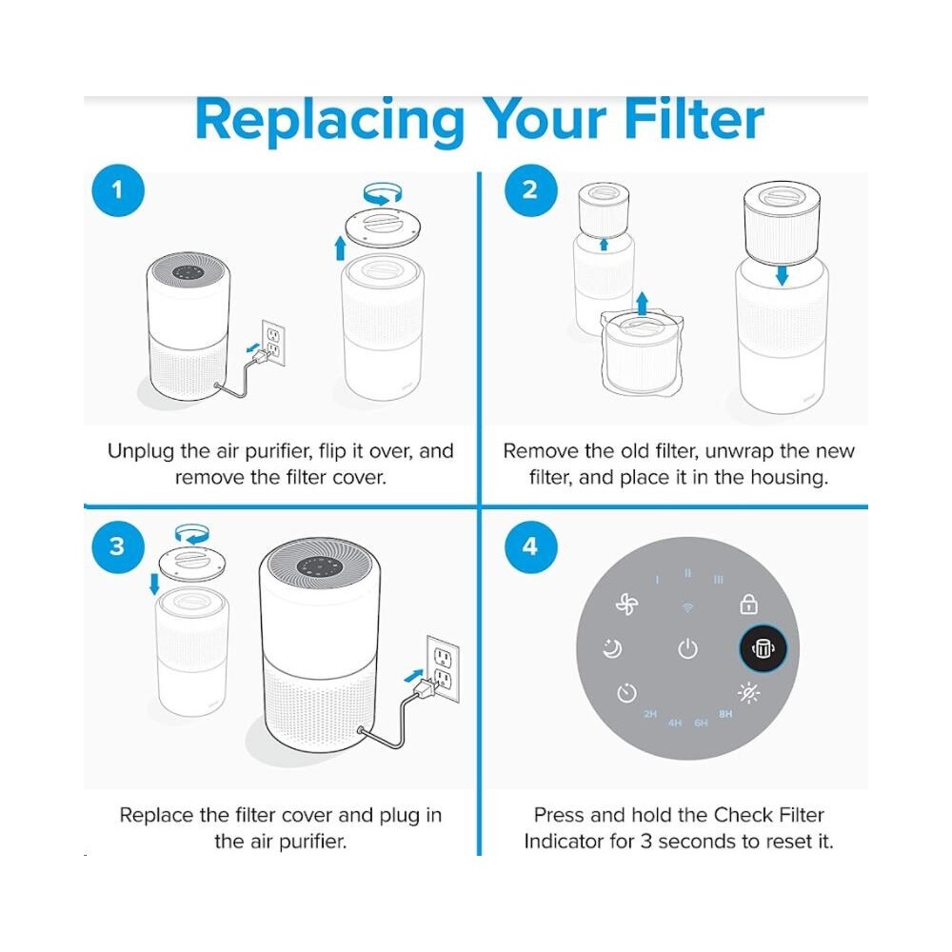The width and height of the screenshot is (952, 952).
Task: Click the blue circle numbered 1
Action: click(118, 190)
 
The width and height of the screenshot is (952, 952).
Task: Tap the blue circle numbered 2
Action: click(530, 190)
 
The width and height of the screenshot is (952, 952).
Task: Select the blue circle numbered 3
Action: click(118, 546)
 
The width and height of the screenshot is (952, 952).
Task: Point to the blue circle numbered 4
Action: click(530, 546)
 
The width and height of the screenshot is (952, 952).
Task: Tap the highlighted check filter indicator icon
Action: click(763, 648)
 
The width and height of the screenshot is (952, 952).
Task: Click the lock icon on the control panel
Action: click(748, 605)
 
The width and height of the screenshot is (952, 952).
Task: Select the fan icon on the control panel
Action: click(626, 605)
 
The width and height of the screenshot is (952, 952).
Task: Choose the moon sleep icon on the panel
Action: click(612, 648)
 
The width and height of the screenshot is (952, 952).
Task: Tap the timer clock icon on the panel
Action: click(626, 693)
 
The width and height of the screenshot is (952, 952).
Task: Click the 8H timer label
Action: click(725, 714)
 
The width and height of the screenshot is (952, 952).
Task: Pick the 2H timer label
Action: click(650, 714)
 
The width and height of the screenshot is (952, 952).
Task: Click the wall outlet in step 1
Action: click(273, 343)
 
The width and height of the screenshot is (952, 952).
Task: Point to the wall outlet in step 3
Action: click(443, 669)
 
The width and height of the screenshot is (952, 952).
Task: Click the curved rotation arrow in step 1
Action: click(383, 194)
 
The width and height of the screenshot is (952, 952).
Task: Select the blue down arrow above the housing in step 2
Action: click(782, 275)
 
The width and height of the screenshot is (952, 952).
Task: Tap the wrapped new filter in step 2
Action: click(641, 353)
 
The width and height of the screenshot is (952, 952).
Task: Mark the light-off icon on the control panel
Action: click(748, 693)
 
